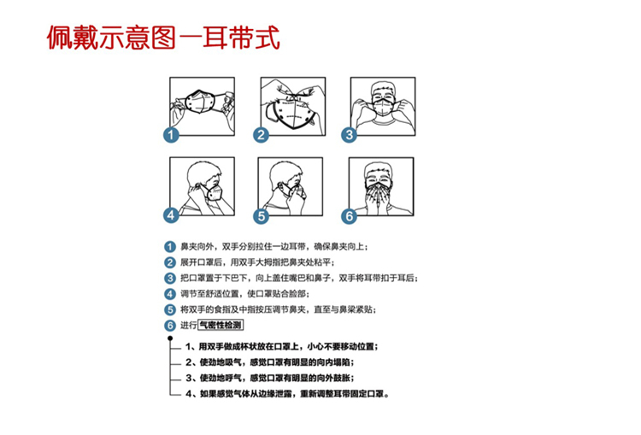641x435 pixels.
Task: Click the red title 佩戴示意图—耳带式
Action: click(163, 38)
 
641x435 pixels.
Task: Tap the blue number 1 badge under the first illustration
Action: click(171, 134)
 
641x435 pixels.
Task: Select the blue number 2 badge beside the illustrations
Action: click(261, 134)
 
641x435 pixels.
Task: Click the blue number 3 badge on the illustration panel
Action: click(349, 134)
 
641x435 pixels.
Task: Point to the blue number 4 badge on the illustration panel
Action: click(171, 215)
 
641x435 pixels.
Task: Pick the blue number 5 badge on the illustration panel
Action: click(262, 216)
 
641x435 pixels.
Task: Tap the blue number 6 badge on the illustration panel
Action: click(349, 216)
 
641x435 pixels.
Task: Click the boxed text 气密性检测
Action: click(221, 325)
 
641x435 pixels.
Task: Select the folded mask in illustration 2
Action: click(291, 115)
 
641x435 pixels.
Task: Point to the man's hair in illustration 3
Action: click(383, 88)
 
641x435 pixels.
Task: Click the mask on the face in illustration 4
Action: click(215, 192)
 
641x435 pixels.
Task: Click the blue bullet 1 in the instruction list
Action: click(170, 246)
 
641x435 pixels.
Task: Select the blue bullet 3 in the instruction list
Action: click(170, 279)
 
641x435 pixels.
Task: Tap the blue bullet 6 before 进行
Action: click(170, 326)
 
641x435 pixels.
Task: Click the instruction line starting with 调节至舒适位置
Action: click(245, 294)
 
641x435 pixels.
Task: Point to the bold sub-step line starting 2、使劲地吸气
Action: click(270, 362)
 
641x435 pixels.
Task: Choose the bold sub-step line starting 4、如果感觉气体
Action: click(287, 394)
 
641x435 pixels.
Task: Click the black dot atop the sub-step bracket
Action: click(170, 338)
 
